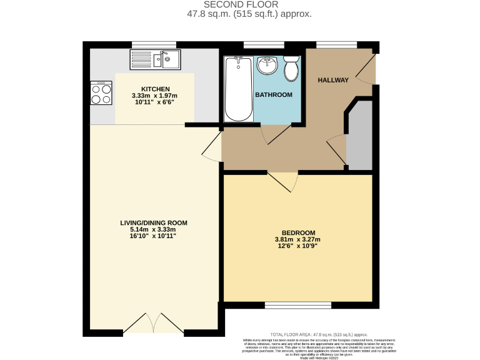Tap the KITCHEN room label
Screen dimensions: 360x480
click(155, 89)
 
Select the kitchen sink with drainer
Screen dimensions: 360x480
click(154, 59)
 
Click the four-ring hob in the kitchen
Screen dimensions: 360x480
click(101, 93)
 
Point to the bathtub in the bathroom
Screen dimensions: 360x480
click(237, 89)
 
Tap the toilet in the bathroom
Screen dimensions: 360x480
click(291, 68)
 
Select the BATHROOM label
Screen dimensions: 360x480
click(273, 95)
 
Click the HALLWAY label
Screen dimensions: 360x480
click(333, 81)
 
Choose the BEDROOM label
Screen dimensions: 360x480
click(297, 232)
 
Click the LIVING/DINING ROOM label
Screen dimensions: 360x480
click(154, 222)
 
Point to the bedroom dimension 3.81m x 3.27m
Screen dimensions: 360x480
click(297, 239)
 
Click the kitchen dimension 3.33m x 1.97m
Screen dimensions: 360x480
click(155, 96)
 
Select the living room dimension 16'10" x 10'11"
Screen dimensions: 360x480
click(154, 236)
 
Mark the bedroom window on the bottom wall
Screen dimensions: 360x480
click(297, 305)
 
